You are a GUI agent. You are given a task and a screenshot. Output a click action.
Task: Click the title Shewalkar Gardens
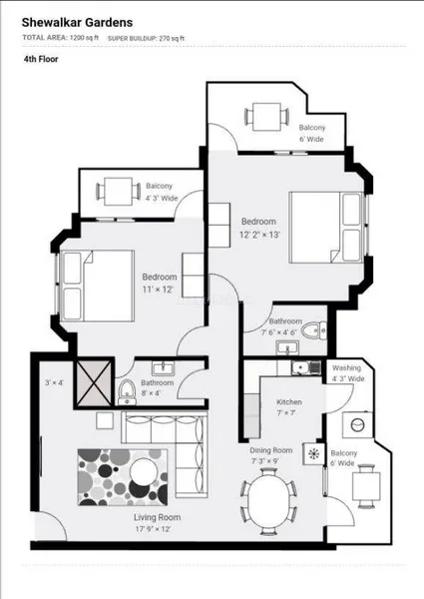click(77, 23)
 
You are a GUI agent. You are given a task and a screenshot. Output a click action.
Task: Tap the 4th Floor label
click(41, 59)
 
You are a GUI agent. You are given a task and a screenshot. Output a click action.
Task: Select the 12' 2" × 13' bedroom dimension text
click(259, 235)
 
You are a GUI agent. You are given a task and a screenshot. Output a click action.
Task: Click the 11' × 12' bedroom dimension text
click(158, 290)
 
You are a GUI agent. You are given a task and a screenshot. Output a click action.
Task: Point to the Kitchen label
click(289, 402)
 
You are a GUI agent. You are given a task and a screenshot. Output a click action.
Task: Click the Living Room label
click(158, 517)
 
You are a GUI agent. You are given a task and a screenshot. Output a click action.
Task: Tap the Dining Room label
click(271, 450)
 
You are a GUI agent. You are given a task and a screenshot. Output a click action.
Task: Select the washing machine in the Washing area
click(357, 425)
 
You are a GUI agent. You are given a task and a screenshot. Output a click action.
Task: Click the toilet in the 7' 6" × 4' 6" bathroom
click(314, 330)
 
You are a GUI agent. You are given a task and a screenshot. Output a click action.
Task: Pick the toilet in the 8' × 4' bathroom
click(127, 392)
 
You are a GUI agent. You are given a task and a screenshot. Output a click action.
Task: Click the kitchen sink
click(306, 367)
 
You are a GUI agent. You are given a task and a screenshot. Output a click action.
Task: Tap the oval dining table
click(268, 501)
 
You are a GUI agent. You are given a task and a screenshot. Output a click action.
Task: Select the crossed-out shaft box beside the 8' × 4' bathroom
click(94, 383)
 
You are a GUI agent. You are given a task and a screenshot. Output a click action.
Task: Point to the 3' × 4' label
click(54, 382)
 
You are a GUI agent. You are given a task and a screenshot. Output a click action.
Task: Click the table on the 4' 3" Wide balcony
click(119, 192)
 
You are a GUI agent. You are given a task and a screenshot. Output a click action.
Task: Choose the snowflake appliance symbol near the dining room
click(313, 454)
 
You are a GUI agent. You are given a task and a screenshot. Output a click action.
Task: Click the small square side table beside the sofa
click(105, 420)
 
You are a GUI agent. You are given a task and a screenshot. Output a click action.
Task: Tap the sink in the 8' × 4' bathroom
click(163, 368)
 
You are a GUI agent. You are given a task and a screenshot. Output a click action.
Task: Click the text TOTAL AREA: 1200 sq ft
click(60, 38)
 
